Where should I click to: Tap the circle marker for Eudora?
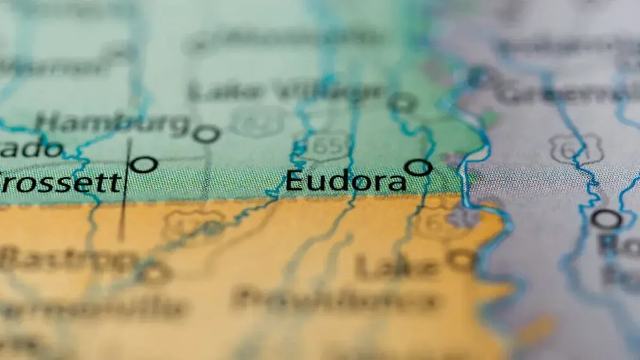point(418,167)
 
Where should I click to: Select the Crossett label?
point(60,183)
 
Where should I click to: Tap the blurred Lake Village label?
point(285,92)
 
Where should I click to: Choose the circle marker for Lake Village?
point(402,102)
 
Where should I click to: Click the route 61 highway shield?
point(577,148)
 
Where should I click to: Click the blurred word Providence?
point(336,300)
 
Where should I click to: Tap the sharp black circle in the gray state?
point(606,219)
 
